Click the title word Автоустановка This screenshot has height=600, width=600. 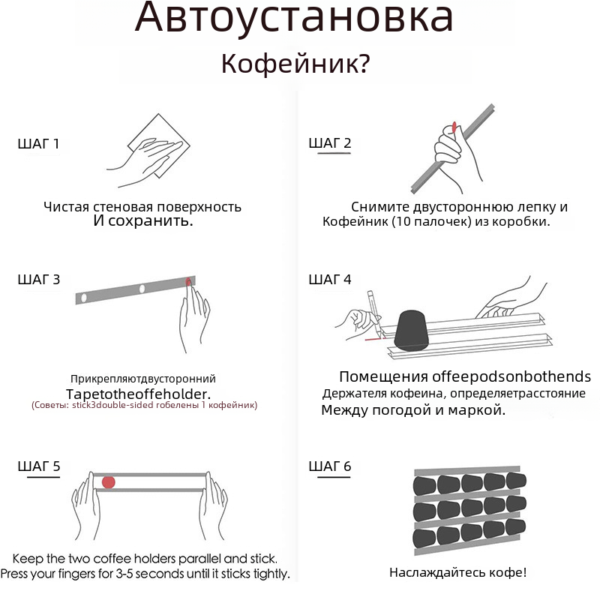pyautogui.click(x=294, y=18)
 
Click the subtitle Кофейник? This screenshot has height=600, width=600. pyautogui.click(x=295, y=64)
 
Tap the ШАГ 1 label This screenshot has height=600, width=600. pyautogui.click(x=38, y=143)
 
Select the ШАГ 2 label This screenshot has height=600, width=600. pyautogui.click(x=330, y=142)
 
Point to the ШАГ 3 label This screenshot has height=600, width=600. pyautogui.click(x=39, y=279)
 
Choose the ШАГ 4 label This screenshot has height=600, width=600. pyautogui.click(x=330, y=279)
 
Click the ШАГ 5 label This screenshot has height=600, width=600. pyautogui.click(x=39, y=466)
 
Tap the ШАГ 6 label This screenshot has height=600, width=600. pyautogui.click(x=330, y=466)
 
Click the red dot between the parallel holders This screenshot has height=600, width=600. pyautogui.click(x=109, y=482)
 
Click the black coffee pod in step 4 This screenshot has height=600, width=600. pyautogui.click(x=411, y=331)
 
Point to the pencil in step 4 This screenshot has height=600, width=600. pyautogui.click(x=375, y=313)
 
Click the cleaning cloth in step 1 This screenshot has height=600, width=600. pyautogui.click(x=159, y=145)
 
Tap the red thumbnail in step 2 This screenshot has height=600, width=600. pyautogui.click(x=454, y=127)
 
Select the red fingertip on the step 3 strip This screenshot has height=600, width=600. pyautogui.click(x=188, y=282)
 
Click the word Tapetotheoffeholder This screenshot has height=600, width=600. pyautogui.click(x=138, y=394)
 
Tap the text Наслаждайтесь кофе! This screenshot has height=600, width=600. pyautogui.click(x=458, y=572)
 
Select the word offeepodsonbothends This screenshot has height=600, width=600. pyautogui.click(x=511, y=376)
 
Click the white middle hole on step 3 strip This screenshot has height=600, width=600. pyautogui.click(x=142, y=289)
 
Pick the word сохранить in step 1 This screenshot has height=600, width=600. pyautogui.click(x=151, y=220)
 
